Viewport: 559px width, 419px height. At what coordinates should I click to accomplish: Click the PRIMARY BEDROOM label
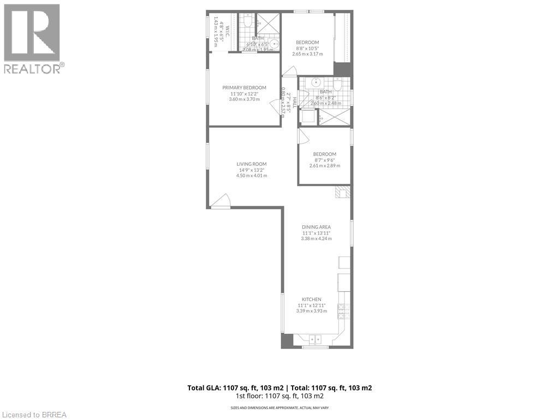244,88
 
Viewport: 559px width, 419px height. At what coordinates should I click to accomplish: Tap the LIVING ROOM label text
251,164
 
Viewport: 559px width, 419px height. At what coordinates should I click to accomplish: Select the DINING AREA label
317,227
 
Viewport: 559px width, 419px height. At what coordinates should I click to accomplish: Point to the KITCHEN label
312,300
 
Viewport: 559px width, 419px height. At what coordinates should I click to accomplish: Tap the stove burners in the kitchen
343,310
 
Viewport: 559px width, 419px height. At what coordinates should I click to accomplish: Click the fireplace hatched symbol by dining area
342,192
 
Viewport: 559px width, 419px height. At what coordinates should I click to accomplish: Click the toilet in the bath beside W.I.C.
247,22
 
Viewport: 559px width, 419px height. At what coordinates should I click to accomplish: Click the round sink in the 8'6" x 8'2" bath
315,83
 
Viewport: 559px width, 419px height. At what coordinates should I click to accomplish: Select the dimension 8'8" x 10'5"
307,48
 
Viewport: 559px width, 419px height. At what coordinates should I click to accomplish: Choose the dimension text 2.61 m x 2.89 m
324,166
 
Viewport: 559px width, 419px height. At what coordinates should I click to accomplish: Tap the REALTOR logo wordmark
34,68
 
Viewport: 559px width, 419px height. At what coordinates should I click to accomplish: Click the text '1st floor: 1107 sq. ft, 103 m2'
279,396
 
